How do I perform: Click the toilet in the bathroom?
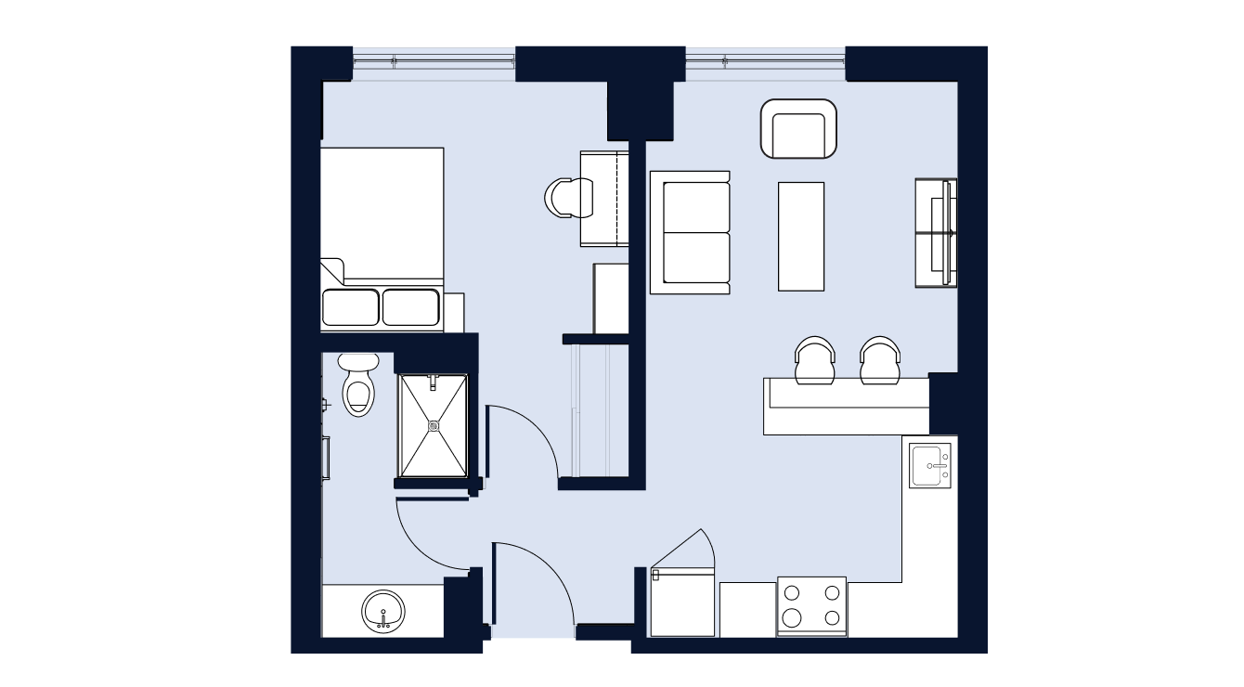coord(357,387)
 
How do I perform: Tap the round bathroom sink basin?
coord(383,612)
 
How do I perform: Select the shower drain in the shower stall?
coord(434,425)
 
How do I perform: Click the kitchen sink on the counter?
coord(930,465)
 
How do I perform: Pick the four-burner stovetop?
coord(811,605)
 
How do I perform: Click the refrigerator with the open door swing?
coord(683,603)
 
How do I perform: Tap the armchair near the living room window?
coord(798,129)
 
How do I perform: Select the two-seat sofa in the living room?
coord(690,232)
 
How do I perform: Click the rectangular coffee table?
coord(801,236)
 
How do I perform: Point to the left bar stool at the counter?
coord(815,360)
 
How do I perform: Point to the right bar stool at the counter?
coord(879,360)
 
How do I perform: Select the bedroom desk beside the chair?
coord(604,199)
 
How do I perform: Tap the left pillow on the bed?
coord(350,307)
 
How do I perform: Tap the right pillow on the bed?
coord(410,307)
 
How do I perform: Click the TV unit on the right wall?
coord(936,232)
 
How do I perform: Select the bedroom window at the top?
coord(434,63)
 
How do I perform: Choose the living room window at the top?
coord(765,63)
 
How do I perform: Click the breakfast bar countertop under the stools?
coord(846,407)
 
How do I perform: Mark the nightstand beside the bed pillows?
coord(453,311)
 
